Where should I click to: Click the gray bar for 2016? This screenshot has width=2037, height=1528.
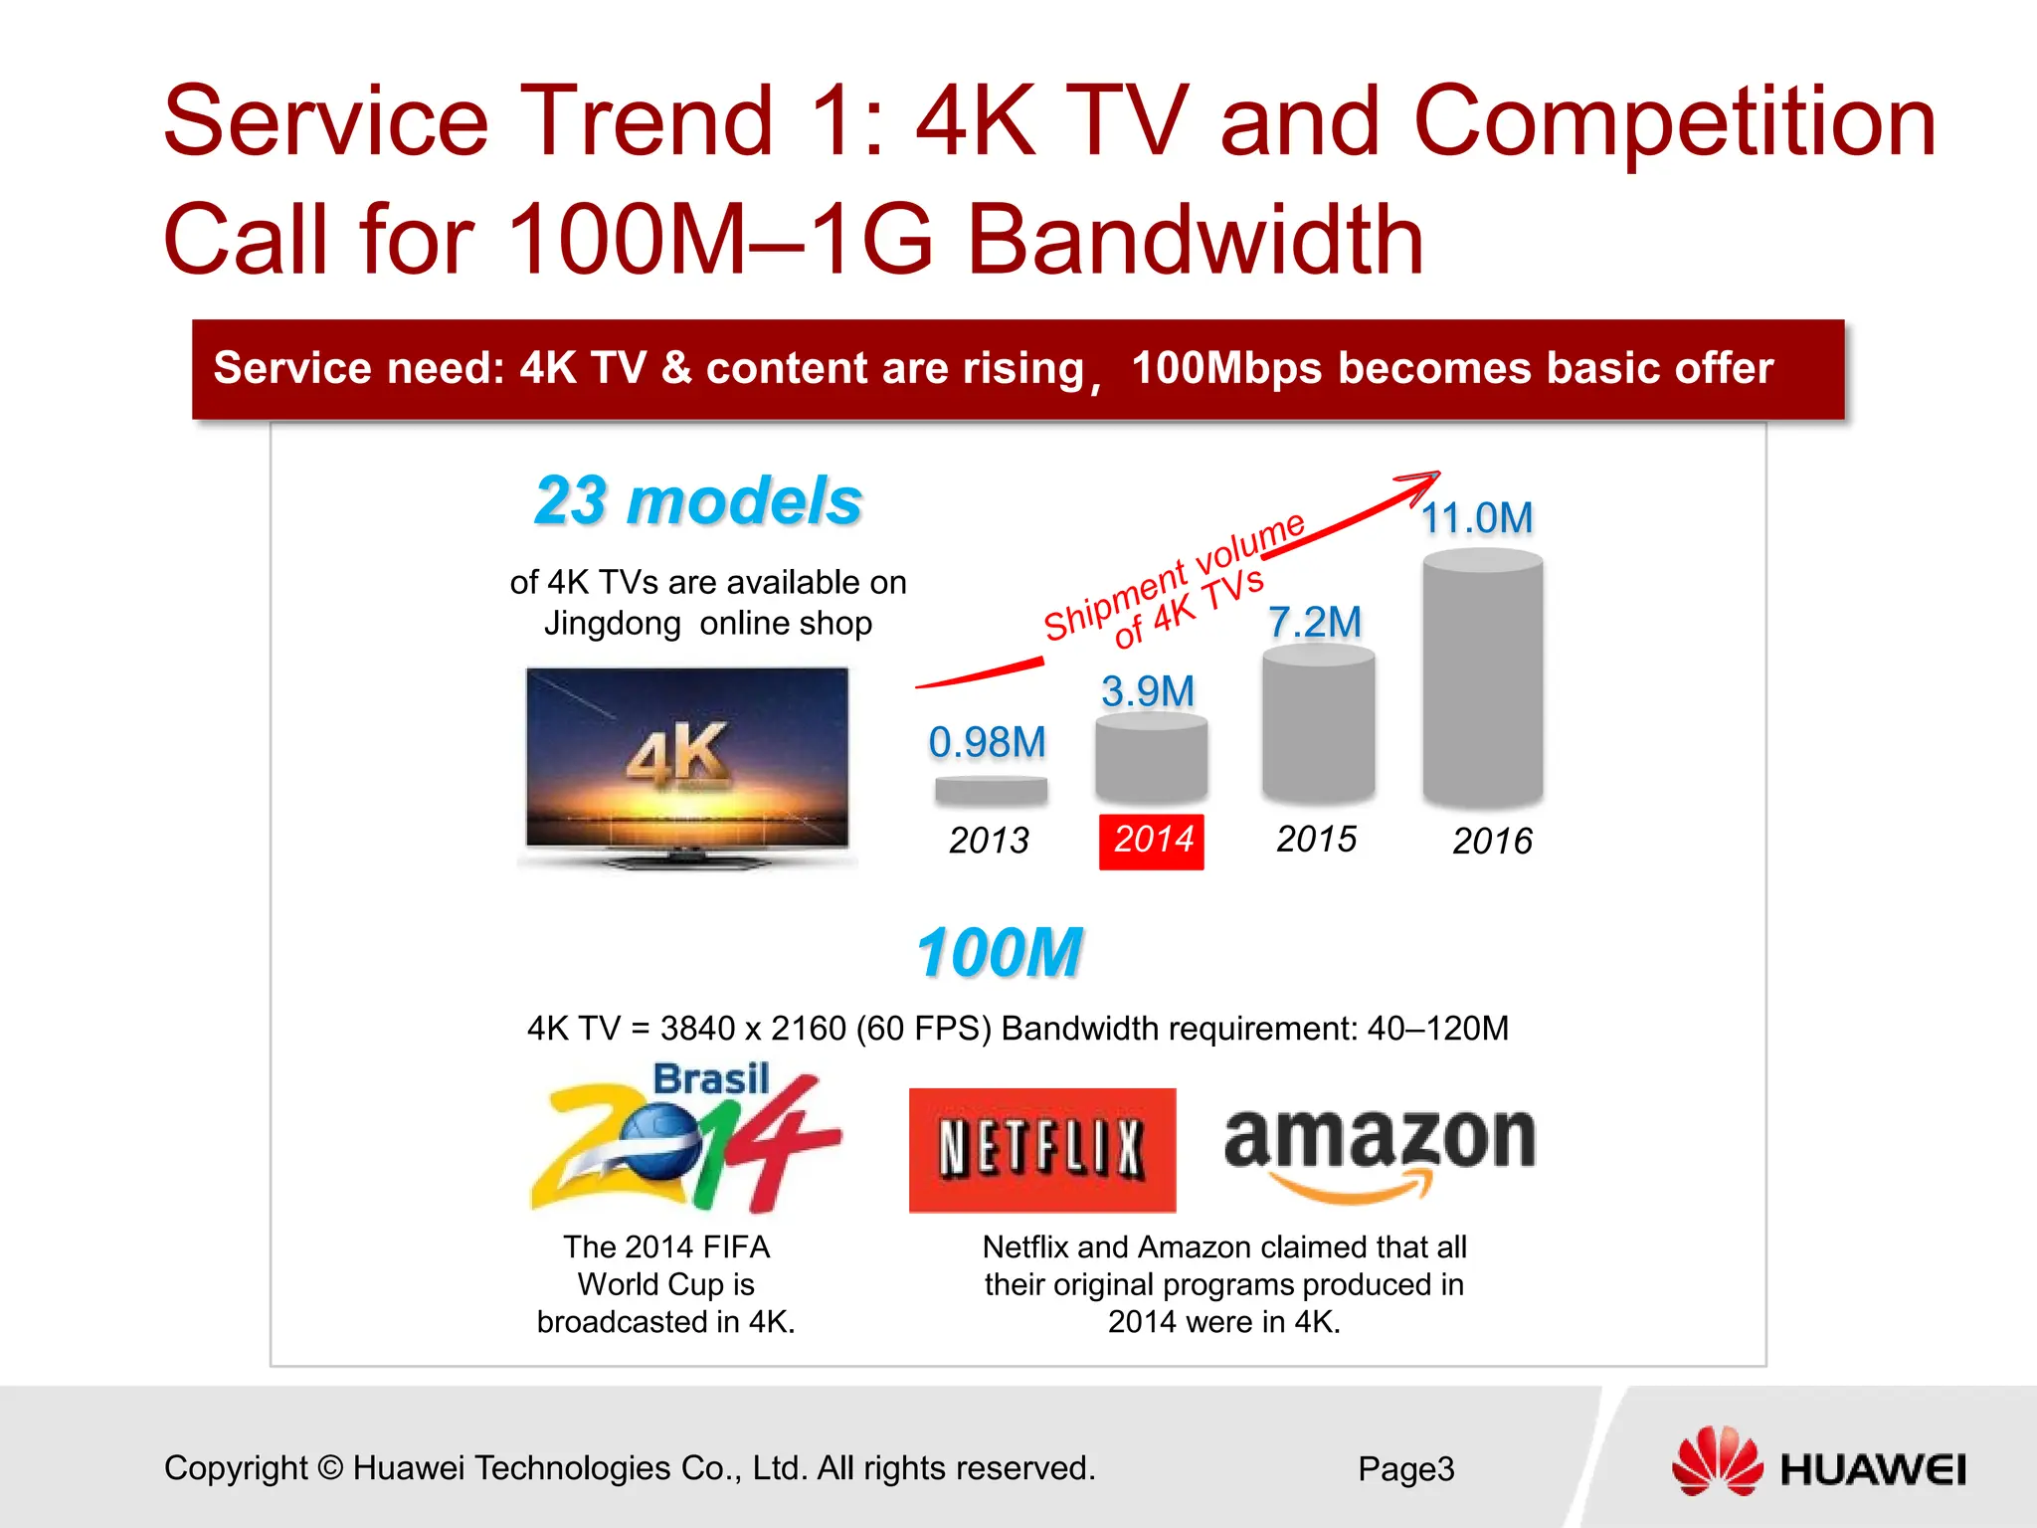click(x=1482, y=680)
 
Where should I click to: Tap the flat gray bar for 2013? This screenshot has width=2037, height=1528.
click(x=991, y=791)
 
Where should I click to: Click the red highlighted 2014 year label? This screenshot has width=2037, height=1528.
click(x=1151, y=841)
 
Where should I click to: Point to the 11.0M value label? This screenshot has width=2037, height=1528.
click(x=1477, y=518)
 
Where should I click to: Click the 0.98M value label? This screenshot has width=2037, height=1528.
click(x=987, y=742)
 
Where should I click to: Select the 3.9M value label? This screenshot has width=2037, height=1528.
click(x=1148, y=691)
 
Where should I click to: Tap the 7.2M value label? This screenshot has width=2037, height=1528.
click(x=1314, y=623)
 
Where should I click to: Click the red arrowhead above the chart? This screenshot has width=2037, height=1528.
click(x=1422, y=484)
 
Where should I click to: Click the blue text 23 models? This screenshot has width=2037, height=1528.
click(x=698, y=500)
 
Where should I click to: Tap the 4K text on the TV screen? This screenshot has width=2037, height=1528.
click(x=677, y=753)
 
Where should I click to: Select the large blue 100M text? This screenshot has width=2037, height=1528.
click(x=999, y=953)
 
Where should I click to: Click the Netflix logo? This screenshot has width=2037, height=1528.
click(x=1041, y=1150)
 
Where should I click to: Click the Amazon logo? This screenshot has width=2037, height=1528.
click(x=1380, y=1152)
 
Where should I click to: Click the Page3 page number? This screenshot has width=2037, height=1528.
click(x=1405, y=1469)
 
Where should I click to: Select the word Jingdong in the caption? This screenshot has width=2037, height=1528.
click(x=612, y=624)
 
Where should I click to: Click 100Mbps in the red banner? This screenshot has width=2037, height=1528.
click(x=1226, y=368)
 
